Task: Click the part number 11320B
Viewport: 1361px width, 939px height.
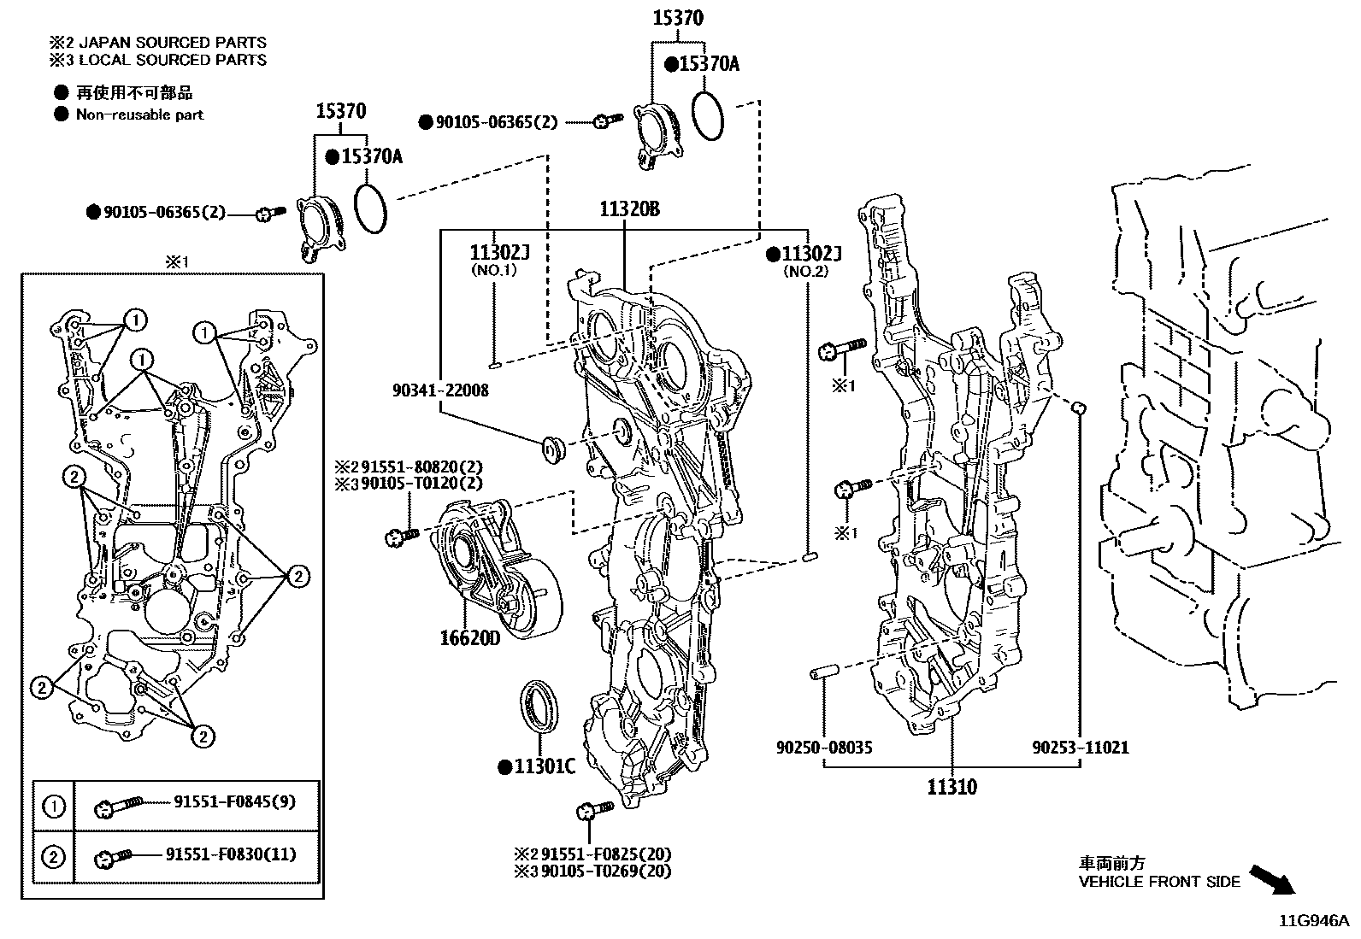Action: pyautogui.click(x=628, y=209)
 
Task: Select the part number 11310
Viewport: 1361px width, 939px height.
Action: pyautogui.click(x=952, y=786)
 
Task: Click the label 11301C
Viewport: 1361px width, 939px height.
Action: pyautogui.click(x=544, y=766)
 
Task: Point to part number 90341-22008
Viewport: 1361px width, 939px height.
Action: pyautogui.click(x=440, y=390)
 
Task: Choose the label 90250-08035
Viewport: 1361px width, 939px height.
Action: pyautogui.click(x=824, y=748)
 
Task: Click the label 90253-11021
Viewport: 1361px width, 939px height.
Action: pyautogui.click(x=1080, y=748)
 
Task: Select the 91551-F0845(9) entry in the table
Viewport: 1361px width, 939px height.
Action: pyautogui.click(x=234, y=802)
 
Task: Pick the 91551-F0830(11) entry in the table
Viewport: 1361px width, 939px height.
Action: pyautogui.click(x=230, y=854)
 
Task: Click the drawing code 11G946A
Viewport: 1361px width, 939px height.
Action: pyautogui.click(x=1313, y=921)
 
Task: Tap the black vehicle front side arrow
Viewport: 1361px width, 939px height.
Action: pyautogui.click(x=1272, y=879)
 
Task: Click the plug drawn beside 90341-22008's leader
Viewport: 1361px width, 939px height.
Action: pyautogui.click(x=551, y=448)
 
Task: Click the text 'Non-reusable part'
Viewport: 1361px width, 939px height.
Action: pyautogui.click(x=139, y=114)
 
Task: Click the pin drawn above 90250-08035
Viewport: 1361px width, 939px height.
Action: pyautogui.click(x=824, y=674)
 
